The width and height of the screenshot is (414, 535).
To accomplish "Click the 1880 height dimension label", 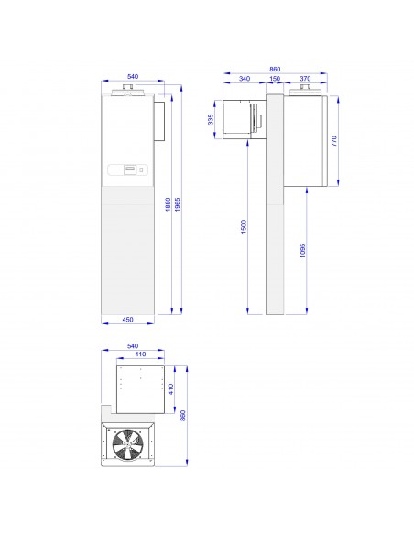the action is coord(168,204).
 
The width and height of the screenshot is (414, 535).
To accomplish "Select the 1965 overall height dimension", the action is coord(177,204).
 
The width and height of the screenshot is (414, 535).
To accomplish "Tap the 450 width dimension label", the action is coord(127,320).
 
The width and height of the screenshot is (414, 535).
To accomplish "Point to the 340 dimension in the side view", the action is coord(245,79).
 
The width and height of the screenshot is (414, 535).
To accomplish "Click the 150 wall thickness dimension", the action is coord(275,79).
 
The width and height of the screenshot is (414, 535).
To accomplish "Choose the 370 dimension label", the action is coord(305,79).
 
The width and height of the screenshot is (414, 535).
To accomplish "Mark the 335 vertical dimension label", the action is coord(211,119).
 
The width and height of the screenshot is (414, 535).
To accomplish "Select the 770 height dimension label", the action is coord(334,141).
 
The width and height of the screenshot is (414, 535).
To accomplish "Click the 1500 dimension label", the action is coord(244,227).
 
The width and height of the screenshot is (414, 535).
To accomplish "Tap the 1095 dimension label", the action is coord(303,250).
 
